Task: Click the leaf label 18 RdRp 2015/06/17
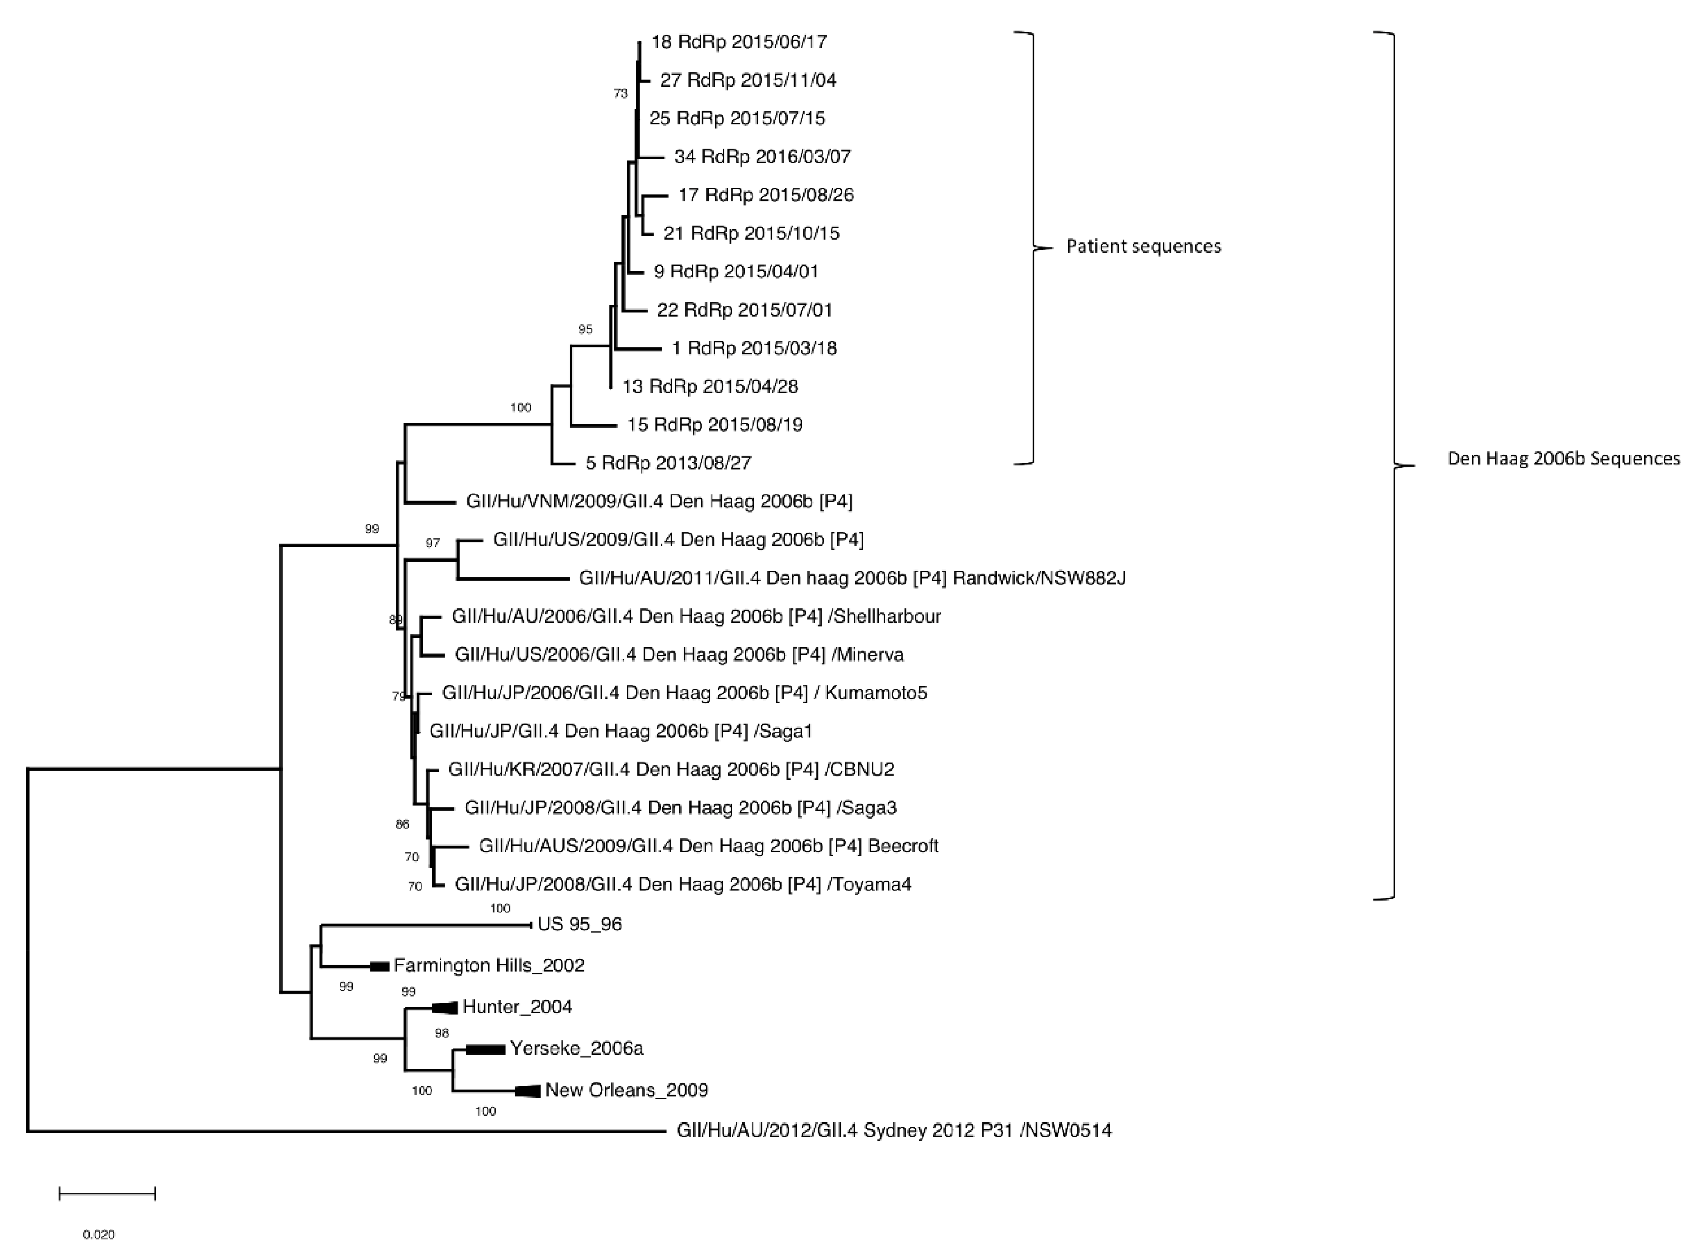[739, 42]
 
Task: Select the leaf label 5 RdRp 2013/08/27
[668, 463]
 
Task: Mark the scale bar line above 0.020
[107, 1194]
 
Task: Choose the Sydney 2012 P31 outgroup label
[894, 1131]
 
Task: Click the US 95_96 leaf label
[580, 924]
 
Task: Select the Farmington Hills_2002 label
[489, 966]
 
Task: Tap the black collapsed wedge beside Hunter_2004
[445, 1008]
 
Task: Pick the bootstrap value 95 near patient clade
[585, 329]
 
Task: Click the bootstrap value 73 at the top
[621, 94]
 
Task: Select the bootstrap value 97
[432, 543]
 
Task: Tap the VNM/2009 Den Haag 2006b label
[659, 502]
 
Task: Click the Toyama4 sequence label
[683, 884]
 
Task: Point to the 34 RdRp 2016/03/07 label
[762, 157]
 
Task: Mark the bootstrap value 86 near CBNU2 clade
[402, 824]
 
